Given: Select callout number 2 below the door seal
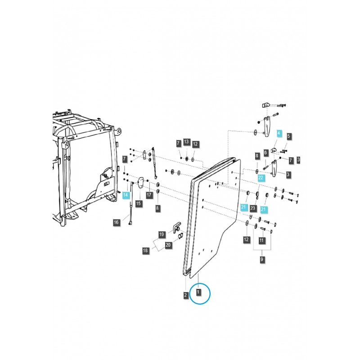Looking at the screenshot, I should pyautogui.click(x=185, y=295).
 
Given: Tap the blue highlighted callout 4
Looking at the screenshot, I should pyautogui.click(x=279, y=134).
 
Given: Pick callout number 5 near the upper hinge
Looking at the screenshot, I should pyautogui.click(x=289, y=135).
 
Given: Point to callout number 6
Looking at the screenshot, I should pyautogui.click(x=266, y=153).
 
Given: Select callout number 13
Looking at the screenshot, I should pyautogui.click(x=186, y=144).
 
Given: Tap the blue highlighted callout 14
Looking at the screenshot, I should pyautogui.click(x=126, y=195).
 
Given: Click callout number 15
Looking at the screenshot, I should pyautogui.click(x=138, y=203).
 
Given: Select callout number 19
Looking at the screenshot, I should pyautogui.click(x=162, y=234).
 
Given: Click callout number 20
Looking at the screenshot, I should pyautogui.click(x=168, y=245).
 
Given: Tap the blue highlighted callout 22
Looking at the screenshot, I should pyautogui.click(x=261, y=178).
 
